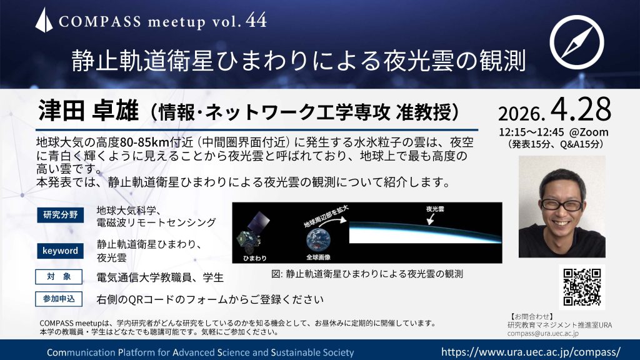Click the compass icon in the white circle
(x=576, y=42)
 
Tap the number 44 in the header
(x=256, y=21)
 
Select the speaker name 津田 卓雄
(x=89, y=111)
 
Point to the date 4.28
(x=581, y=109)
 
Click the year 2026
(x=521, y=114)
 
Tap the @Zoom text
(x=589, y=132)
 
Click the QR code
(x=582, y=287)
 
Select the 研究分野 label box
(x=61, y=215)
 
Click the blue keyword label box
(x=61, y=251)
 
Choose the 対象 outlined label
(x=59, y=277)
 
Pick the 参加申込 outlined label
(x=59, y=299)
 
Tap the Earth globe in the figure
(x=318, y=241)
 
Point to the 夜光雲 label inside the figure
(x=435, y=209)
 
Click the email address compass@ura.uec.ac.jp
(x=543, y=333)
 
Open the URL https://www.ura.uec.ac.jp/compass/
(x=531, y=351)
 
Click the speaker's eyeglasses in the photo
(x=562, y=204)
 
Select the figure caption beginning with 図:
(x=367, y=274)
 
